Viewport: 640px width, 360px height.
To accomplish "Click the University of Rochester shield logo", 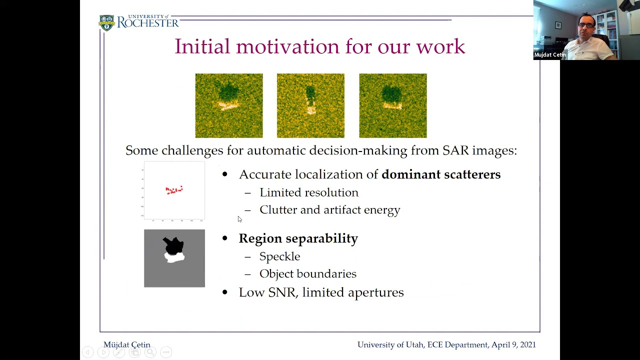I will pos(106,23).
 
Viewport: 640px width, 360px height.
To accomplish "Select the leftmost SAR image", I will pos(229,105).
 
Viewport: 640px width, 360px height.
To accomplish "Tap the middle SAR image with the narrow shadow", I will pos(310,105).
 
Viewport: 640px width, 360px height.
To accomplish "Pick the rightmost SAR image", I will pos(393,105).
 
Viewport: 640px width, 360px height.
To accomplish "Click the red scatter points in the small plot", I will pos(174,190).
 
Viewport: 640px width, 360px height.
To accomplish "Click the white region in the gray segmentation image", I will pos(175,258).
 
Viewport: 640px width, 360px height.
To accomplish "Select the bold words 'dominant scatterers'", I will pos(440,174).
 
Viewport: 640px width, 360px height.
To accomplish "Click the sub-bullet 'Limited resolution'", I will pos(308,192).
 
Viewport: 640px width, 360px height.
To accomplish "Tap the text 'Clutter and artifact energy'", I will pos(329,210).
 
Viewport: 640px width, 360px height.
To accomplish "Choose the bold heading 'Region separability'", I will pos(298,238).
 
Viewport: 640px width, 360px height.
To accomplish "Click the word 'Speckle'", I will pos(279,256).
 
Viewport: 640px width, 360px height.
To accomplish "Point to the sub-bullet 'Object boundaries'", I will pos(307,274).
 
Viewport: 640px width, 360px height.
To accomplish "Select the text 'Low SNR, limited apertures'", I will pos(321,292).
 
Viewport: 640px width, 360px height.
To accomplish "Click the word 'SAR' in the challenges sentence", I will pos(454,150).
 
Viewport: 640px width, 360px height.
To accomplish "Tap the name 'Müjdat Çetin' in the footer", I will pos(126,345).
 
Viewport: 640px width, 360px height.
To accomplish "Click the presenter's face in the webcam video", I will pos(586,27).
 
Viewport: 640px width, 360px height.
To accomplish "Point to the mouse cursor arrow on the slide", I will pos(239,219).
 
